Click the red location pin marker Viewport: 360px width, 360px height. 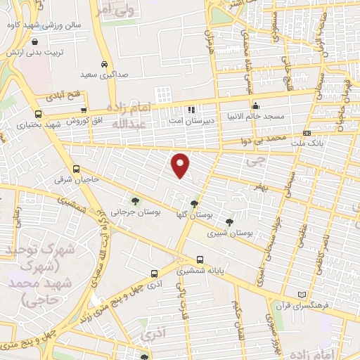click(x=181, y=165)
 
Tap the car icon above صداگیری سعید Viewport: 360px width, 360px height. click(x=104, y=63)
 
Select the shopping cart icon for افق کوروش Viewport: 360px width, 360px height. click(x=84, y=110)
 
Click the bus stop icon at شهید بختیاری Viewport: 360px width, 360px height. click(x=37, y=114)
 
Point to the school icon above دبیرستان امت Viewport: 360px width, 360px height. click(x=191, y=109)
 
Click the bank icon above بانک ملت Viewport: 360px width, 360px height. click(x=307, y=133)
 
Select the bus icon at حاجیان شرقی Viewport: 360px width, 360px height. click(x=76, y=169)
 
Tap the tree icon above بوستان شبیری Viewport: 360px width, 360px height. click(x=229, y=221)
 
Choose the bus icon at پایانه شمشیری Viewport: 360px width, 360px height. click(x=201, y=258)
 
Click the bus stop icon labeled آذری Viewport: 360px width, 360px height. click(x=154, y=274)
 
